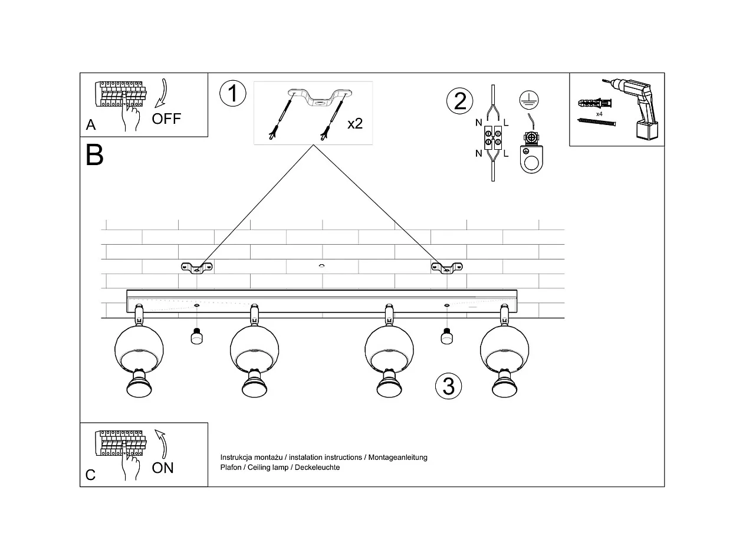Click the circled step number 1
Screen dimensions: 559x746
tap(232, 94)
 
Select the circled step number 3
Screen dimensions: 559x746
tap(448, 386)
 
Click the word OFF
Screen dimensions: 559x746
tap(166, 119)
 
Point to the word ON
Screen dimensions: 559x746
tap(163, 468)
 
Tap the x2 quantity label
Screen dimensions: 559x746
tap(355, 124)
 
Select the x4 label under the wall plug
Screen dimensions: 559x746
tap(599, 114)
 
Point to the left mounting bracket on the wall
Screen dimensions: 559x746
tap(196, 268)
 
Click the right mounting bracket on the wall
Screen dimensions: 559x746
tap(446, 268)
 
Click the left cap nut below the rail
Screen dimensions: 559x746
tap(196, 336)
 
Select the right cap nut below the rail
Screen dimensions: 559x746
tap(446, 336)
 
